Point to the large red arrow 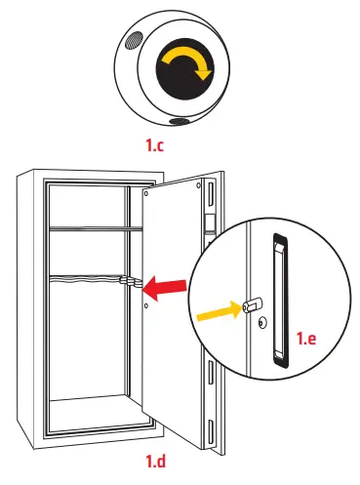point(165,285)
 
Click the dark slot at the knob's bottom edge point(181,122)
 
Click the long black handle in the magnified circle point(280,303)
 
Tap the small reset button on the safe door point(127,282)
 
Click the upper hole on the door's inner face point(145,192)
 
